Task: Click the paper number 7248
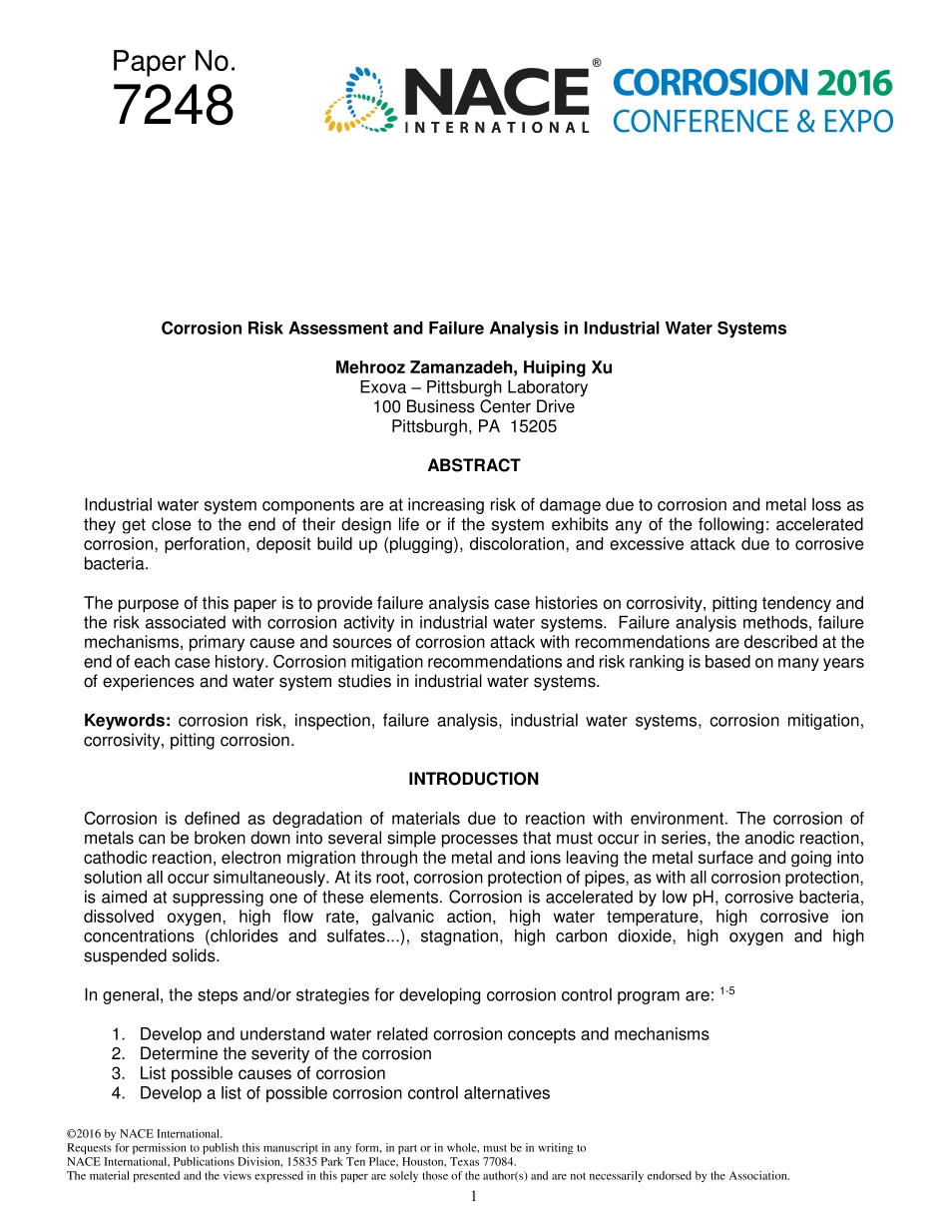click(174, 106)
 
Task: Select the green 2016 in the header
click(853, 83)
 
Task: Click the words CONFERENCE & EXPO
click(751, 122)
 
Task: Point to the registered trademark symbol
click(597, 63)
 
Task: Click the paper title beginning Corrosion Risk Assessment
click(474, 328)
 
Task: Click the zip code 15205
click(533, 426)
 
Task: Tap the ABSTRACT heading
click(474, 465)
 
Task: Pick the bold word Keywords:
click(127, 721)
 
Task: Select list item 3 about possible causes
click(261, 1073)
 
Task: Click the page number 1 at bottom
click(474, 1196)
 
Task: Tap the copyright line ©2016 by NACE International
click(143, 1133)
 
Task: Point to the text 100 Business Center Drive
click(474, 406)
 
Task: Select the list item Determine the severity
click(285, 1053)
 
